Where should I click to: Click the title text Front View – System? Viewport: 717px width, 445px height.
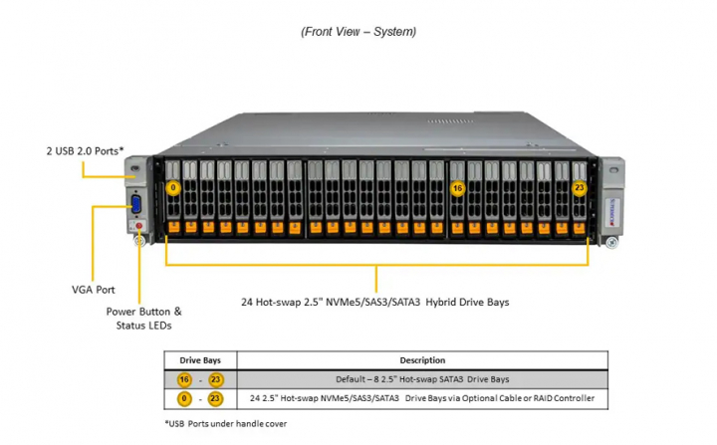coord(358,32)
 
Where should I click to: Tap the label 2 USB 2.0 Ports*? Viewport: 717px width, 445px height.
coord(85,151)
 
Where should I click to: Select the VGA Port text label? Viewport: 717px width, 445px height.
coord(93,290)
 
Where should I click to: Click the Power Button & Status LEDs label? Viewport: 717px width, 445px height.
coord(144,318)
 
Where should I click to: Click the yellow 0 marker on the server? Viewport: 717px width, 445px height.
coord(173,187)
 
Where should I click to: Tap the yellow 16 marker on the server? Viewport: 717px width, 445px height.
coord(458,187)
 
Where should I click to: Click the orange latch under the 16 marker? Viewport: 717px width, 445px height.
coord(457,228)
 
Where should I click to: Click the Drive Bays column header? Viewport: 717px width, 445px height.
coord(200,360)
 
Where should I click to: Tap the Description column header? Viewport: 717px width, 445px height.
coord(422,360)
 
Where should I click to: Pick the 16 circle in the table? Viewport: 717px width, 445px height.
coord(185,379)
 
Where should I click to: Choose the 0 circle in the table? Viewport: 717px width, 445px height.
coord(185,398)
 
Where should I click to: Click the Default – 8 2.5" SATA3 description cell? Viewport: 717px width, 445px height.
coord(422,379)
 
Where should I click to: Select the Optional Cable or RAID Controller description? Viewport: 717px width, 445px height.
coord(422,398)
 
